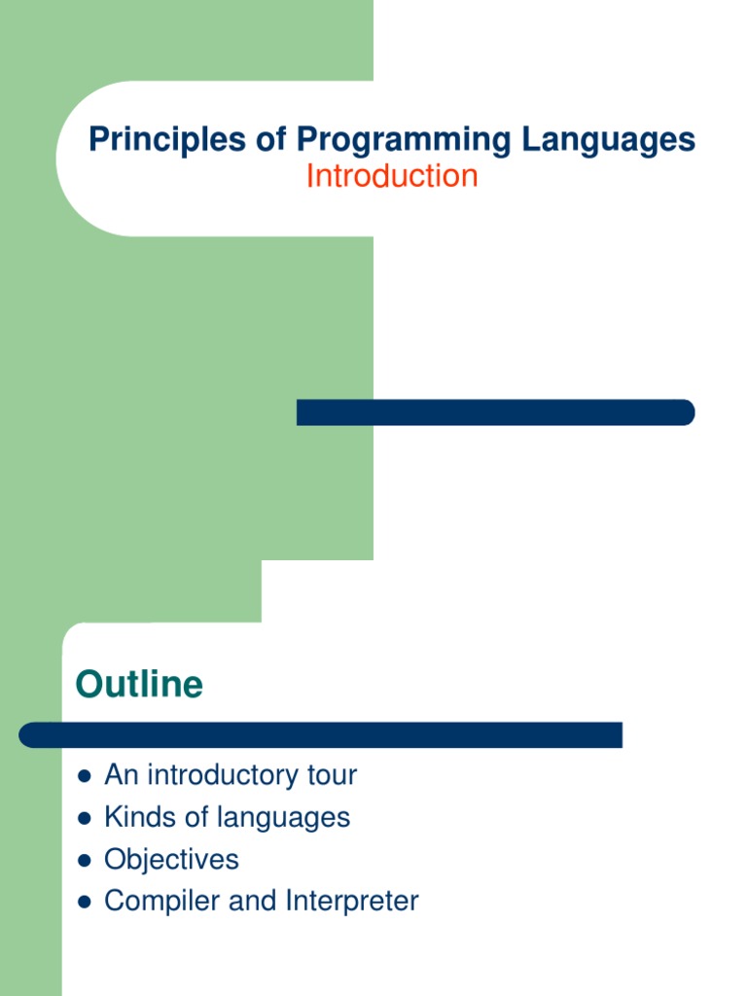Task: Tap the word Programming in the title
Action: [403, 140]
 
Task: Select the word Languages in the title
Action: [608, 140]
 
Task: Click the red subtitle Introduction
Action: [392, 176]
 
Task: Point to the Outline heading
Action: [139, 685]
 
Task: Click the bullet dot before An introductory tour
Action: [84, 776]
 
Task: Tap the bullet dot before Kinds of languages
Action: [84, 818]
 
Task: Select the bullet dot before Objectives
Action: [84, 860]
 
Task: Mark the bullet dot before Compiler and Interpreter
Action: [84, 902]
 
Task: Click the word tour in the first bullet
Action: [333, 775]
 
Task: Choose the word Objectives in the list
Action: [171, 860]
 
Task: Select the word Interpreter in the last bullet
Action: [352, 902]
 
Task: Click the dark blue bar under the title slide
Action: [495, 412]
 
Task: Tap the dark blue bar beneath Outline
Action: [321, 735]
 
